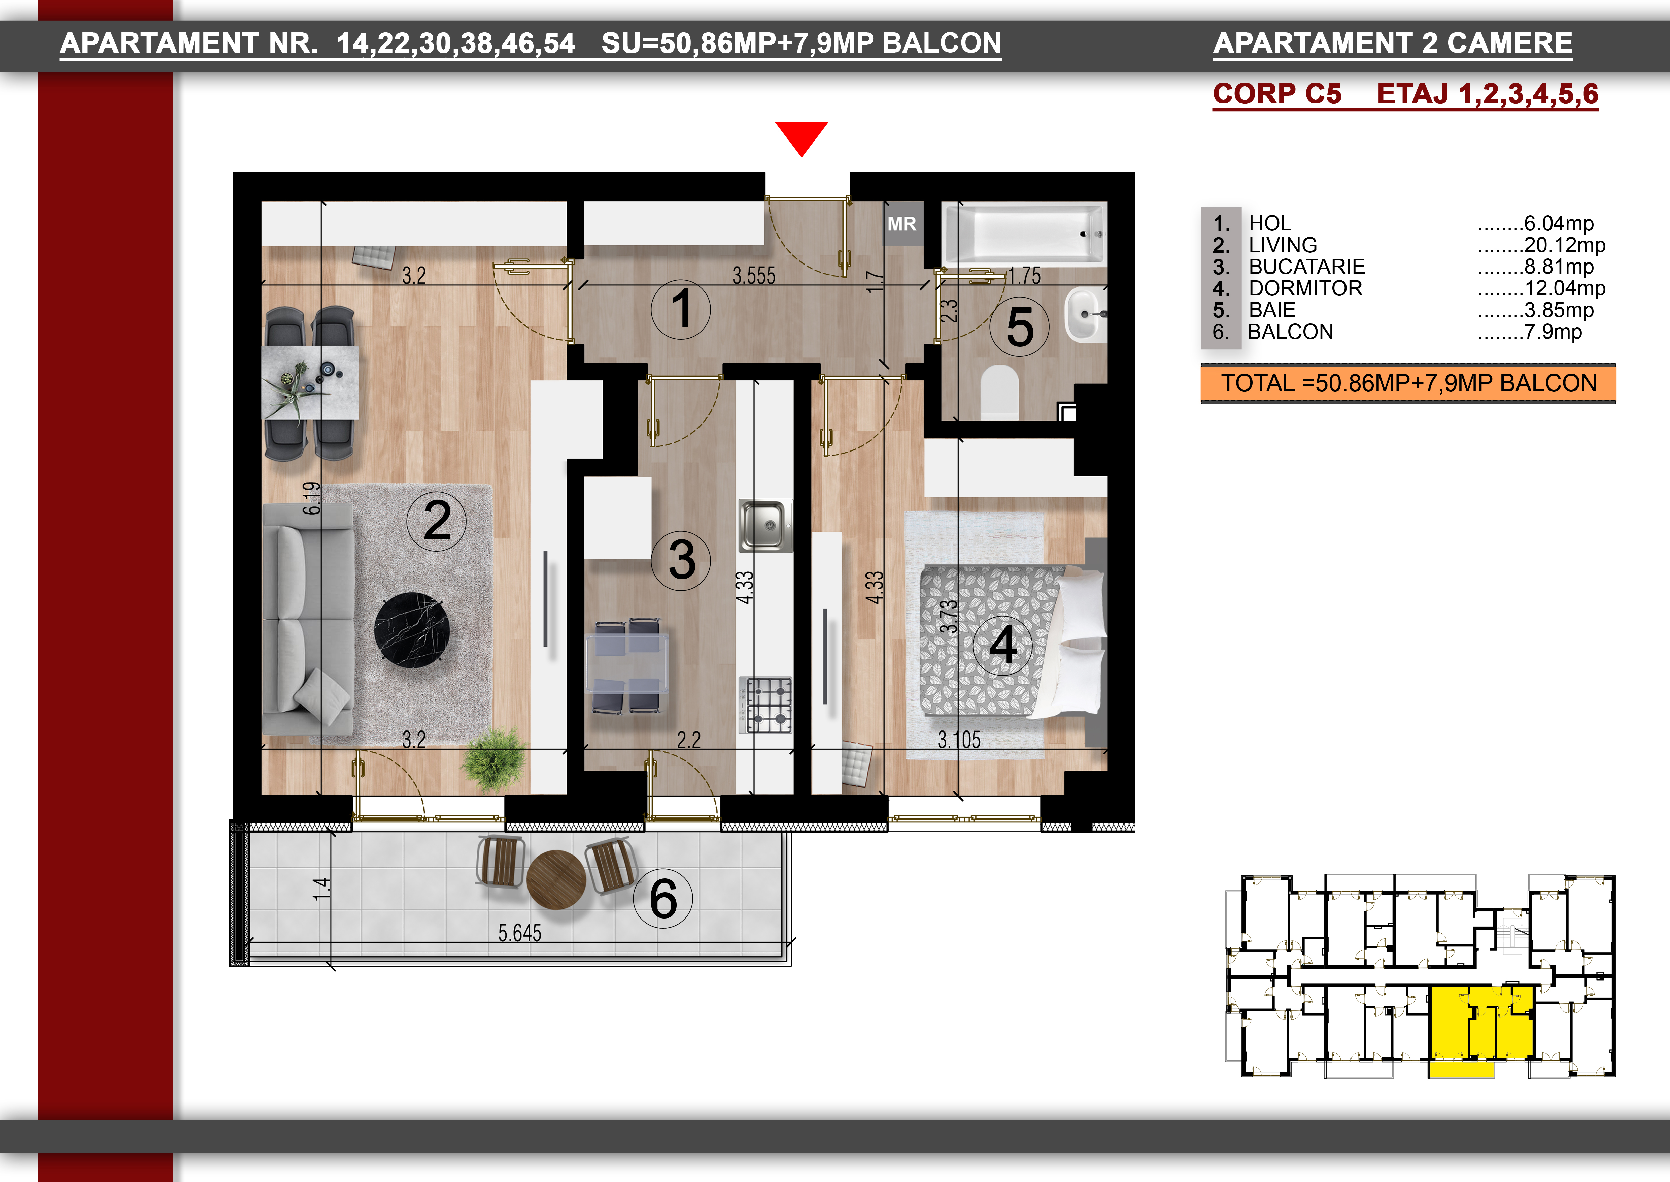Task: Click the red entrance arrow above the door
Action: coord(802,137)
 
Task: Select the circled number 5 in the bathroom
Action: coord(1020,327)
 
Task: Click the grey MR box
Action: coord(902,224)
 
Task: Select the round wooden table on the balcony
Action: coord(556,880)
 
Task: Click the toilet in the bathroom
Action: coord(999,392)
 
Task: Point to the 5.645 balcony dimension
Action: coord(519,933)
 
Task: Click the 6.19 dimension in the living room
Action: coord(311,498)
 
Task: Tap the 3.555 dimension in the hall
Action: coord(753,276)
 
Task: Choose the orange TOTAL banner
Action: coord(1408,383)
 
